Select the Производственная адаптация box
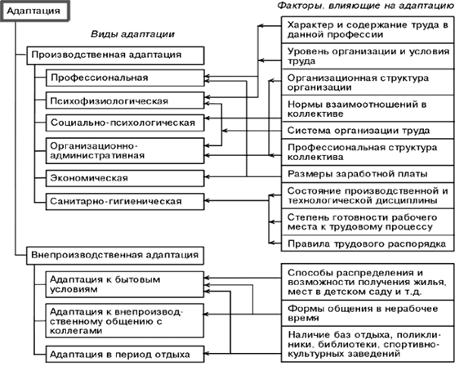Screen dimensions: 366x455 tap(105, 56)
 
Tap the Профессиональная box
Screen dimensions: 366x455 tap(122, 78)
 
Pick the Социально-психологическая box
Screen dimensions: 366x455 tap(122, 123)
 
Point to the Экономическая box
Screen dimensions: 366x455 tap(122, 177)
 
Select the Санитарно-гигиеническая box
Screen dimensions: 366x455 tap(122, 199)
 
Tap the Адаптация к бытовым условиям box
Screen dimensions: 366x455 tap(122, 283)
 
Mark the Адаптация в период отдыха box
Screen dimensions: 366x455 tap(122, 354)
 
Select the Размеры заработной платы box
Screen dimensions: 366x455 tap(364, 173)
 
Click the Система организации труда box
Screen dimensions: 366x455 tap(364, 130)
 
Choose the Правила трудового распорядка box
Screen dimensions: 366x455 tap(364, 243)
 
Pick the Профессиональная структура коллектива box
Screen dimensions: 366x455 tap(364, 151)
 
